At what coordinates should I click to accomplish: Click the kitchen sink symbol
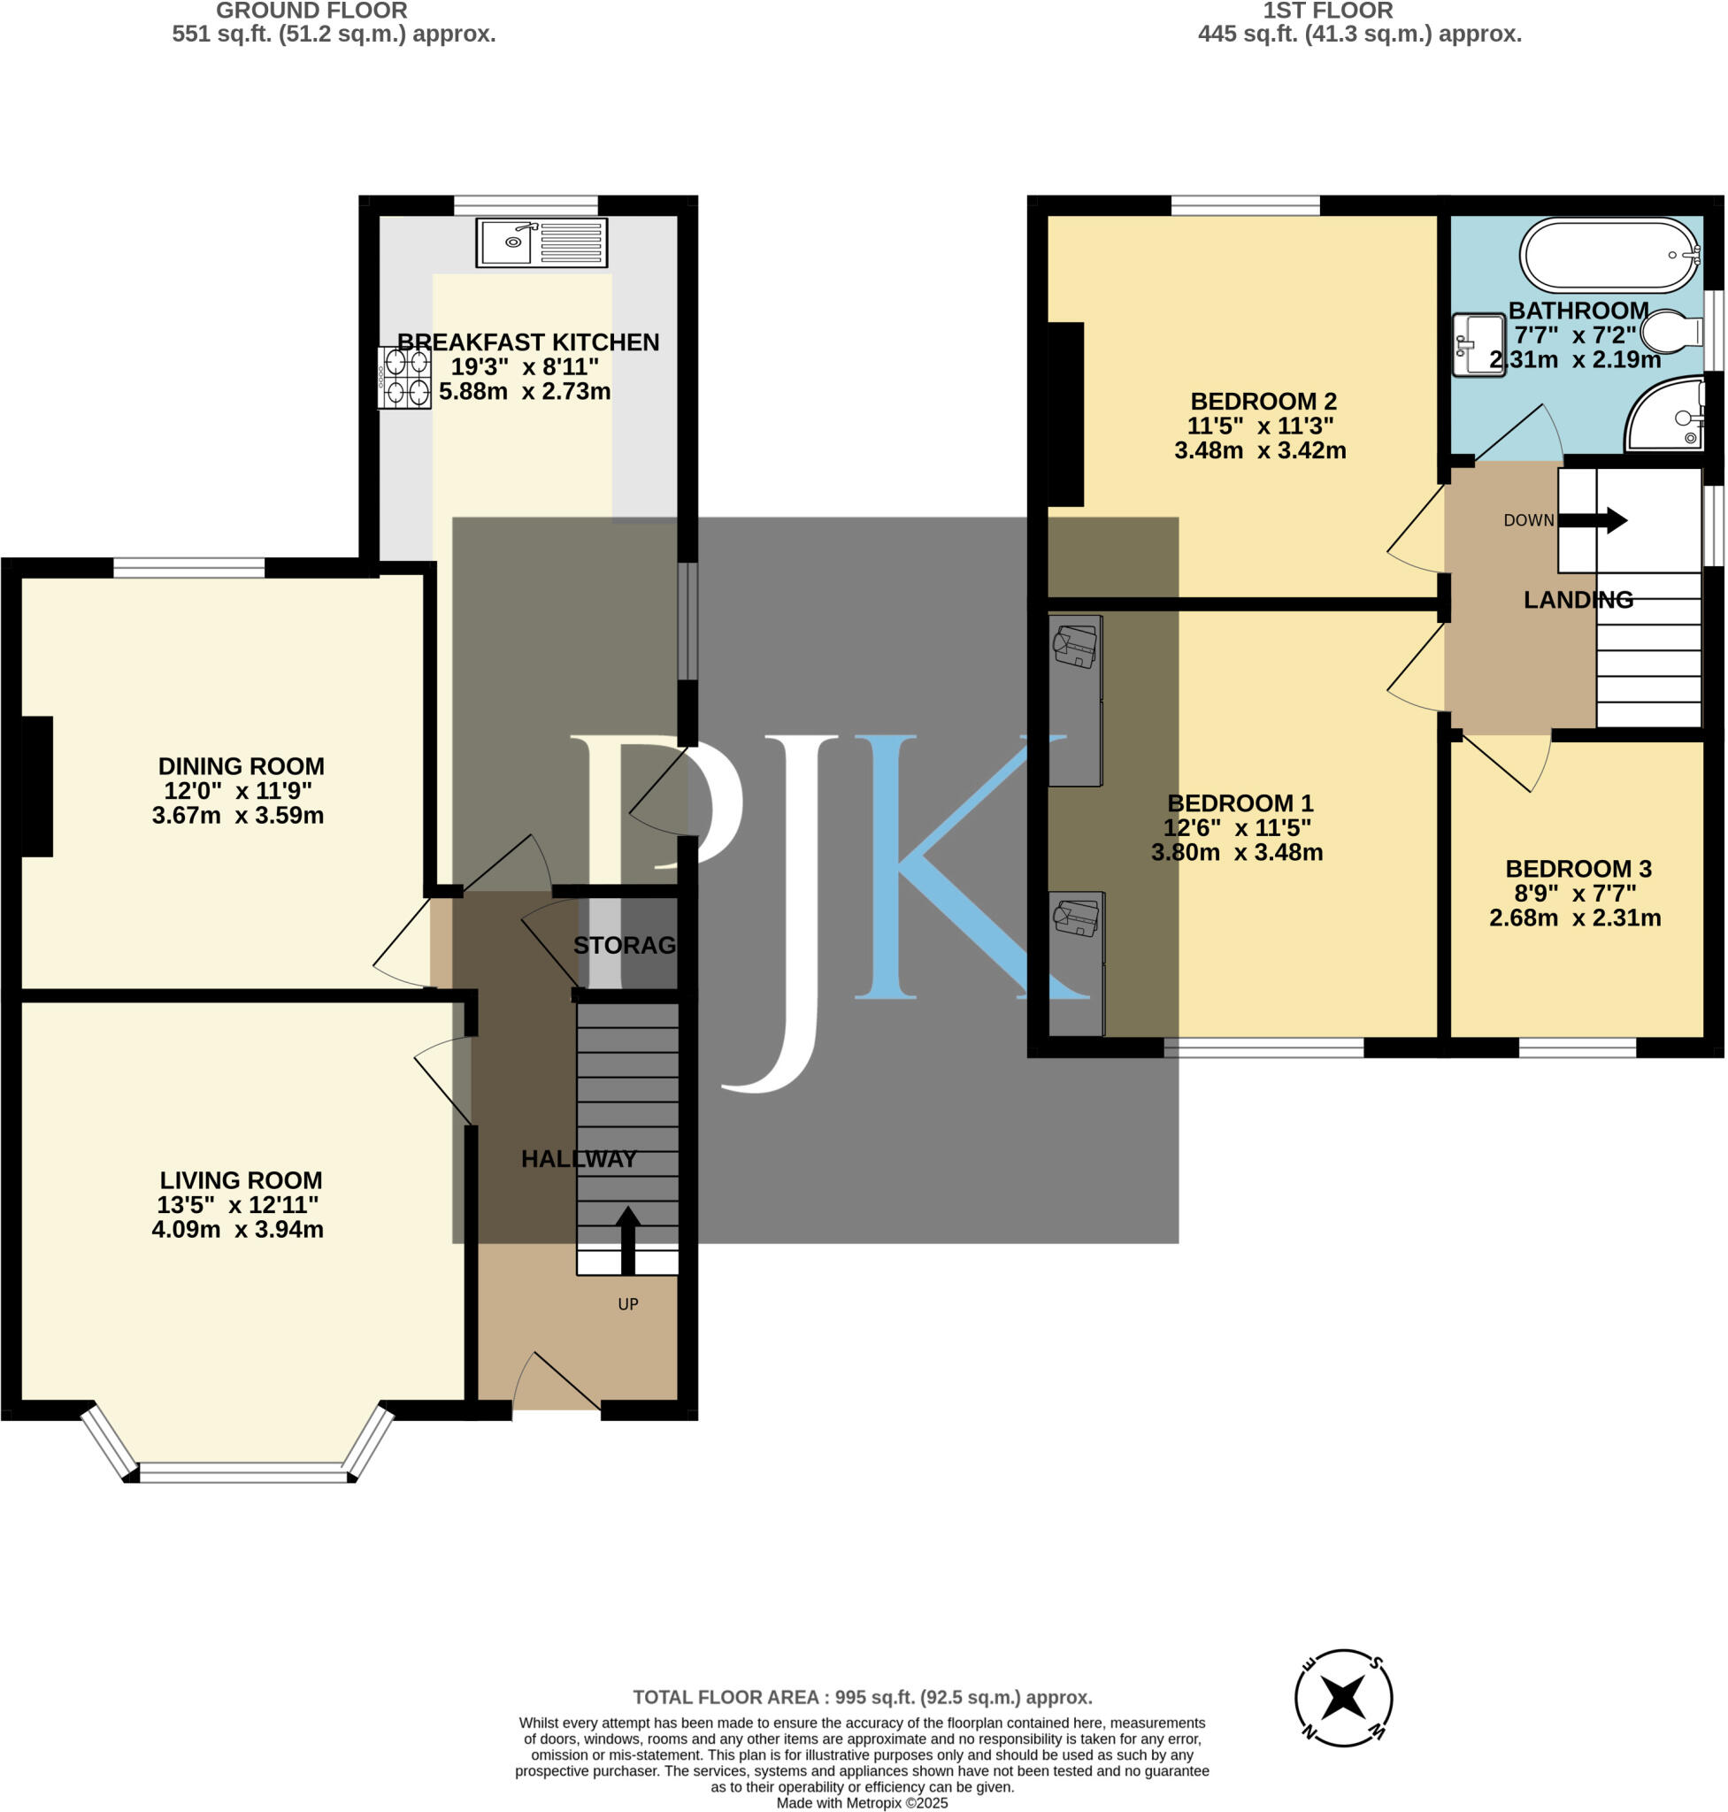point(541,242)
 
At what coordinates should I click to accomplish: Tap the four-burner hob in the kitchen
point(403,377)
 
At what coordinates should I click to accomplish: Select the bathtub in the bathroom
point(1609,255)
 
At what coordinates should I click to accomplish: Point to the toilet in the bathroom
point(1670,332)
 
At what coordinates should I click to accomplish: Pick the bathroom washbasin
point(1478,344)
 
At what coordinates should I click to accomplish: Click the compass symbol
point(1343,1697)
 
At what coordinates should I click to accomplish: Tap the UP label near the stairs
point(627,1303)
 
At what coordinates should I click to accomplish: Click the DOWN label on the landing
point(1528,520)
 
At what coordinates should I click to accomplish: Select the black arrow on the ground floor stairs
point(627,1239)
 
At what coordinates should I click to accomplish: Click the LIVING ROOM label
point(241,1180)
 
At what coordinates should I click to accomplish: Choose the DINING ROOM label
point(241,766)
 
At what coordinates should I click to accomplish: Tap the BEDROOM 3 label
point(1578,869)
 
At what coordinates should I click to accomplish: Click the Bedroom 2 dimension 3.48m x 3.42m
point(1259,450)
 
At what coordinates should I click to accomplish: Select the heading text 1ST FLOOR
point(1327,11)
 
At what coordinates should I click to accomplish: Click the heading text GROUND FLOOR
point(311,11)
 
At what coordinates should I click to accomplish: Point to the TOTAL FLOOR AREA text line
point(862,1697)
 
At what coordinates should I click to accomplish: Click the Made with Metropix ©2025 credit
point(861,1803)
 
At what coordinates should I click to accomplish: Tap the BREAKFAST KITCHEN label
point(528,342)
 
